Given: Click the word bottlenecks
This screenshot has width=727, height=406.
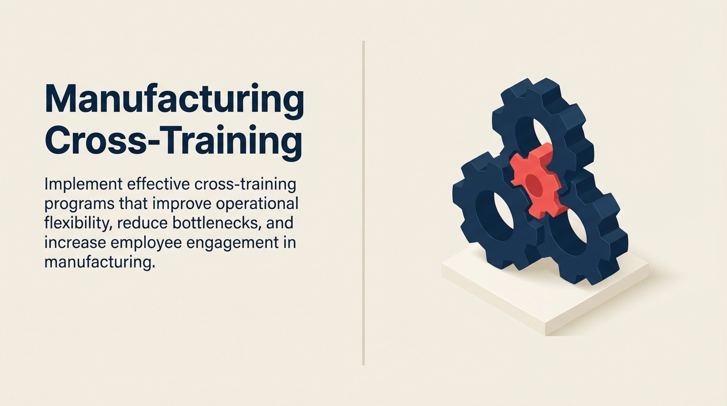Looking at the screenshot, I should tap(216, 223).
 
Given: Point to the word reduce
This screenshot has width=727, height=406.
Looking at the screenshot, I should tap(142, 223).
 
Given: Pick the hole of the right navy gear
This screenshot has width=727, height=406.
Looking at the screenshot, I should tap(576, 229).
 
